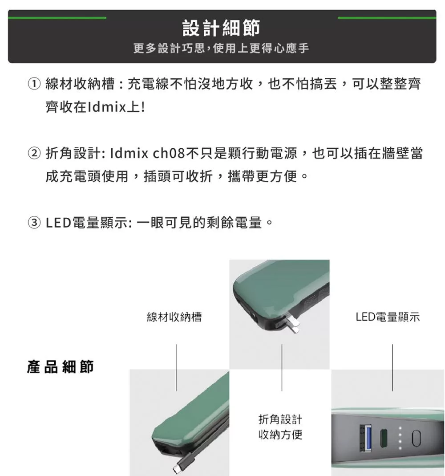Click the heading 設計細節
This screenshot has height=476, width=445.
(x=221, y=28)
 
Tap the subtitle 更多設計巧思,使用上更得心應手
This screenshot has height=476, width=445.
(x=221, y=48)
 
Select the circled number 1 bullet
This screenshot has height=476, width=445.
(x=34, y=83)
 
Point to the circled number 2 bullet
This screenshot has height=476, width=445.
(x=34, y=153)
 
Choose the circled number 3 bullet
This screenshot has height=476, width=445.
(x=34, y=223)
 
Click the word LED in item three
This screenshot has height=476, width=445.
(x=59, y=223)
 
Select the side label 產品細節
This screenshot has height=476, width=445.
(x=61, y=366)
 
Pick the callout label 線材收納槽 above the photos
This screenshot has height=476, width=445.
(x=174, y=317)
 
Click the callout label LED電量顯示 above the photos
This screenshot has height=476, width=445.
(x=388, y=317)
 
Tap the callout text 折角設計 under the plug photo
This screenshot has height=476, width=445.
(x=280, y=419)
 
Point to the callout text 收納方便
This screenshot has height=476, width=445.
(x=280, y=435)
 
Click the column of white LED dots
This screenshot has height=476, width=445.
(x=400, y=438)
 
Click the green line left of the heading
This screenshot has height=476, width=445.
(x=57, y=18)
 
